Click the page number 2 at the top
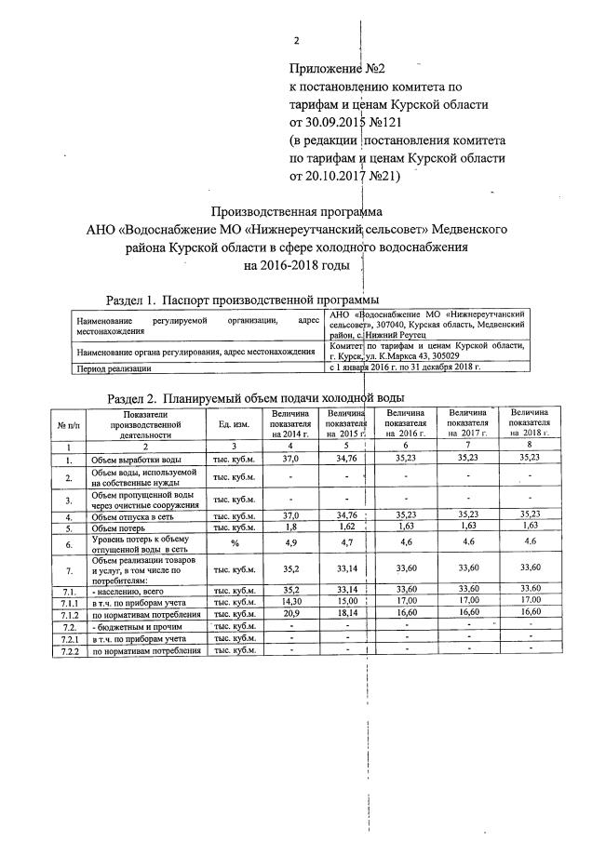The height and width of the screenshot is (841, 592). tap(296, 42)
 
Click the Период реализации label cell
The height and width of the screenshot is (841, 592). tap(112, 368)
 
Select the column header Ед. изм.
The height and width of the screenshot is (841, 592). tap(232, 425)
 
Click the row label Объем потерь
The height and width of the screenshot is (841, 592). tap(121, 527)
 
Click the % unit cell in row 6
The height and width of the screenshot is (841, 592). tap(232, 542)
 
